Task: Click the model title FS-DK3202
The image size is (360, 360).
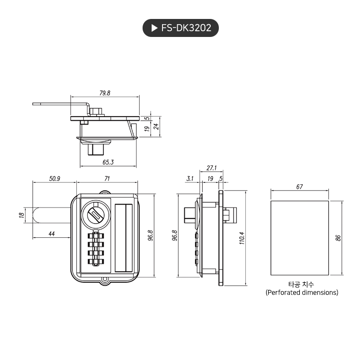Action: click(x=186, y=28)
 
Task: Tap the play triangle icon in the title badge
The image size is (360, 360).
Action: click(x=154, y=28)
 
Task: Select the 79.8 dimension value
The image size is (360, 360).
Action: click(x=105, y=93)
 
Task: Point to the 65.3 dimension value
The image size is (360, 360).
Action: click(x=108, y=162)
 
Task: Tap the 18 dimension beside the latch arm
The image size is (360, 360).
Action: click(x=21, y=216)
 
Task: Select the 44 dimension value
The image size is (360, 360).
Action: click(x=52, y=234)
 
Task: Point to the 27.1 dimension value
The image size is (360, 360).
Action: click(x=211, y=168)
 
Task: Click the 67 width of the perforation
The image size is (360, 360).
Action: click(x=299, y=187)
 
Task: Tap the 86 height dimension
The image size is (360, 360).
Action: click(x=338, y=238)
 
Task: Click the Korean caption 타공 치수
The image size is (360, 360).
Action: click(x=301, y=284)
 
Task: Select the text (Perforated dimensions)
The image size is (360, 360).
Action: click(x=302, y=293)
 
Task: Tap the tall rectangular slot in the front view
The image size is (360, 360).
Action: click(x=124, y=237)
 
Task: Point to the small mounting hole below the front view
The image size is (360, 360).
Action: click(x=104, y=281)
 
